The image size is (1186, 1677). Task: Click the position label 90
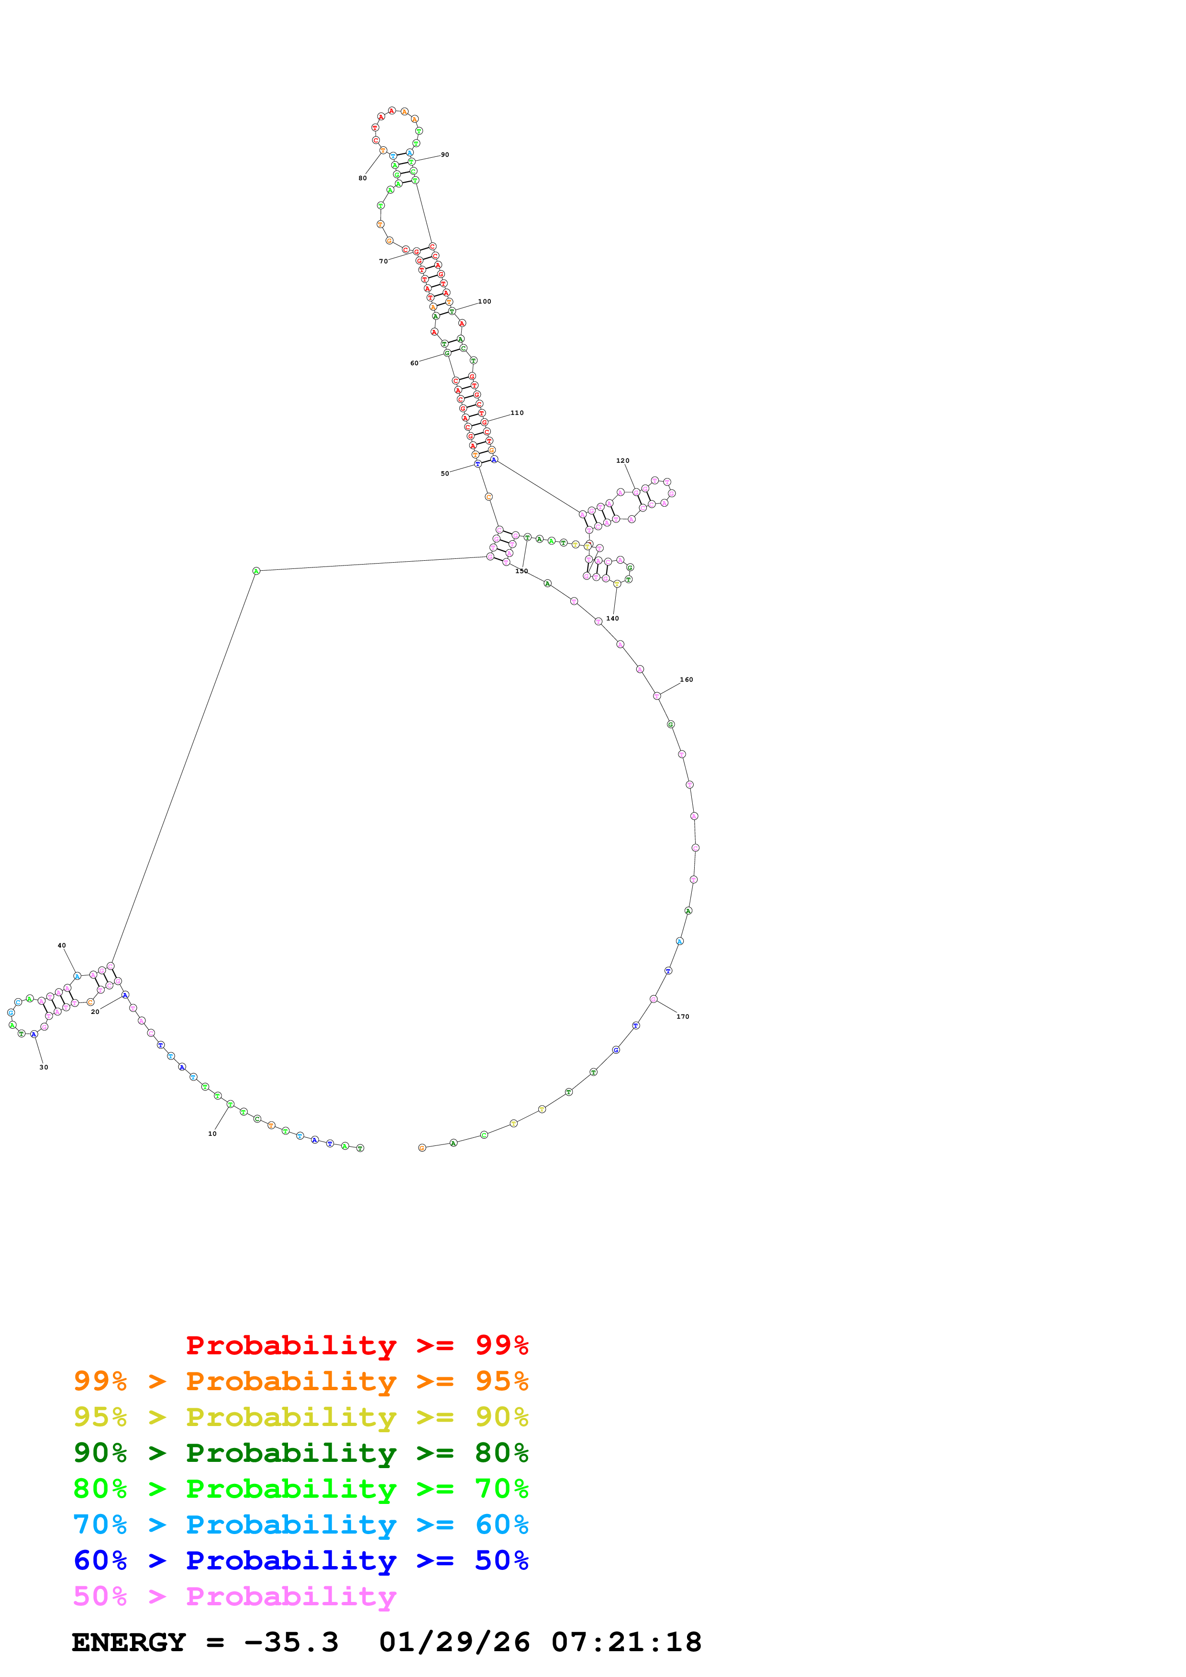[444, 155]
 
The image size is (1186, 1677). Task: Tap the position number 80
[363, 178]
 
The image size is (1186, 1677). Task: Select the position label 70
[383, 261]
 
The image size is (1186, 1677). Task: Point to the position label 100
[485, 302]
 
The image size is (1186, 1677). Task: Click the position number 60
[414, 363]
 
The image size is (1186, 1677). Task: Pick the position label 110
[517, 413]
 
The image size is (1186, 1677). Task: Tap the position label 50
[444, 474]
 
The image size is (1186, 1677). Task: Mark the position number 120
[622, 461]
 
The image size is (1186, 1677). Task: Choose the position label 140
[612, 619]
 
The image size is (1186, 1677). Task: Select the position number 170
[683, 1017]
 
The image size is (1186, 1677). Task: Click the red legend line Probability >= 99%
[356, 1345]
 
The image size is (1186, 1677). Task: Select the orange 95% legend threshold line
[300, 1381]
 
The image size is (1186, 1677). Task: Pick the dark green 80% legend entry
[300, 1453]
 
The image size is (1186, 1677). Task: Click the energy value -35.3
[291, 1642]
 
